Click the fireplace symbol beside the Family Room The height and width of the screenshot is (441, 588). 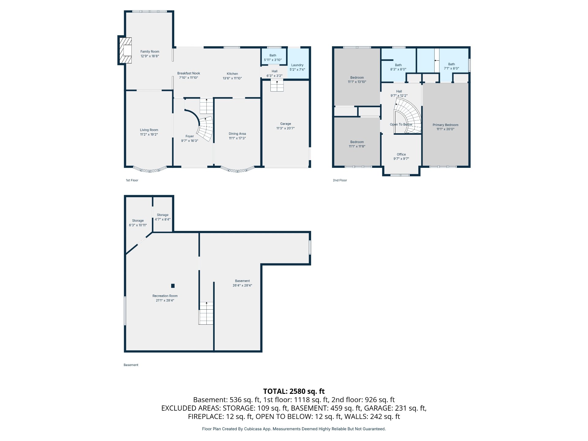coord(125,50)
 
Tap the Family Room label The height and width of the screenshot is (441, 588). coord(150,52)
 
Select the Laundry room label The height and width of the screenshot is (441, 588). coord(297,65)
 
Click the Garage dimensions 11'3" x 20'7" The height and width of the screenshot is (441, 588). coord(285,128)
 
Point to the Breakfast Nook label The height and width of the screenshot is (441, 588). coord(189,73)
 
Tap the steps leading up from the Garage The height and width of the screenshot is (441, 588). coord(277,85)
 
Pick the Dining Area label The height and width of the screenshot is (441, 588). coord(237,134)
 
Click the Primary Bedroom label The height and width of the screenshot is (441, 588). coord(445,125)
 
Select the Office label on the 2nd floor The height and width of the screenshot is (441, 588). coord(401,154)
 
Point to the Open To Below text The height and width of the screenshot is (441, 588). coord(401,124)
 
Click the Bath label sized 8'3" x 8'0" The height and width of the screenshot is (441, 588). coord(398,65)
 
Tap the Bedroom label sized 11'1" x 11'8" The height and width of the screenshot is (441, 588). coord(357,142)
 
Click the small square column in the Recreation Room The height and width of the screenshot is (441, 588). coord(173,286)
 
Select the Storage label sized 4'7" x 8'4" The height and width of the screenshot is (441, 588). coord(163,215)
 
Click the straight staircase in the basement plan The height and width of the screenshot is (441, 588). coord(206,313)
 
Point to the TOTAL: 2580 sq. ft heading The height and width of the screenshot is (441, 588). coord(294,391)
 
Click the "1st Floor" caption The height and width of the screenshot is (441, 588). coord(132,180)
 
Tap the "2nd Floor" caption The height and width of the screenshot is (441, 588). coord(340,180)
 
